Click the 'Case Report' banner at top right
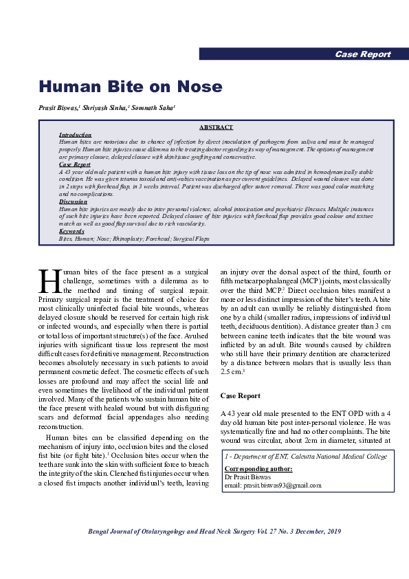[362, 54]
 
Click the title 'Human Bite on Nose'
[130, 87]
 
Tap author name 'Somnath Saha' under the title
[155, 108]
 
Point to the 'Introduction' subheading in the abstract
[75, 135]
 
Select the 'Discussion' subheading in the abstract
[73, 201]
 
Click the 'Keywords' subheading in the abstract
[72, 232]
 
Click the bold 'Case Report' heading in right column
[240, 396]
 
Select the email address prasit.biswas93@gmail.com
[273, 485]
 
